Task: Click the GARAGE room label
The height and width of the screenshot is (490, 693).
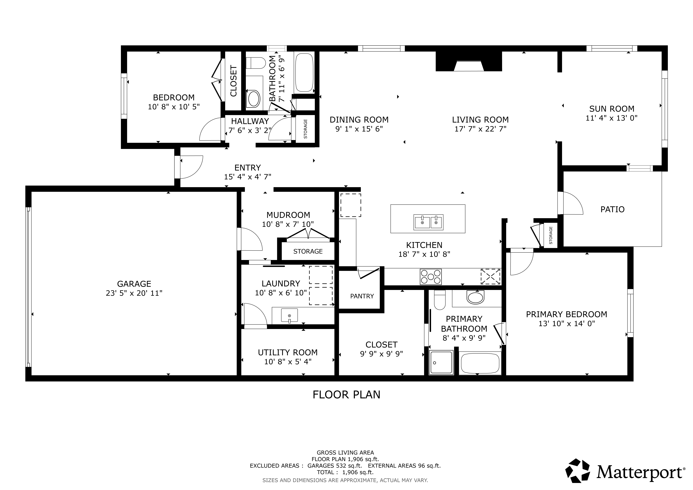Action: click(x=134, y=284)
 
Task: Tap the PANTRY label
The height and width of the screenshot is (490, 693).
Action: click(x=362, y=296)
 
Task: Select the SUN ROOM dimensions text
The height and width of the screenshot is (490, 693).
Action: click(x=612, y=118)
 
